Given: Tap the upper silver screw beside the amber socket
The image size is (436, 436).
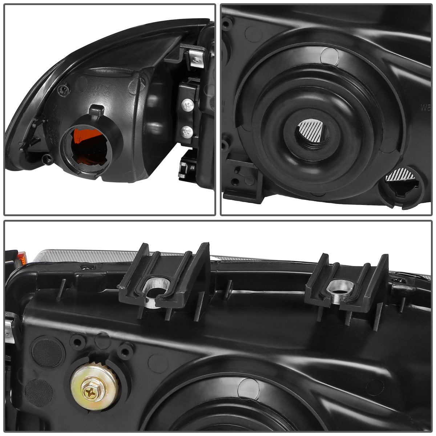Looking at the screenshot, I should pyautogui.click(x=188, y=106).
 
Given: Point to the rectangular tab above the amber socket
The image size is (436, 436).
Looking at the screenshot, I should pyautogui.click(x=96, y=110).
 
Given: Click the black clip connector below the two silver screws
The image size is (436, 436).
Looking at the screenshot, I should pyautogui.click(x=186, y=165).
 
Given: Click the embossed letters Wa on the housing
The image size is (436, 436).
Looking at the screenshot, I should pyautogui.click(x=425, y=108).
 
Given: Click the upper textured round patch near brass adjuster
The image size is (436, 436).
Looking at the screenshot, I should pyautogui.click(x=47, y=352).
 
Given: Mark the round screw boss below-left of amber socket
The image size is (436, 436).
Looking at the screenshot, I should pyautogui.click(x=48, y=159).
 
